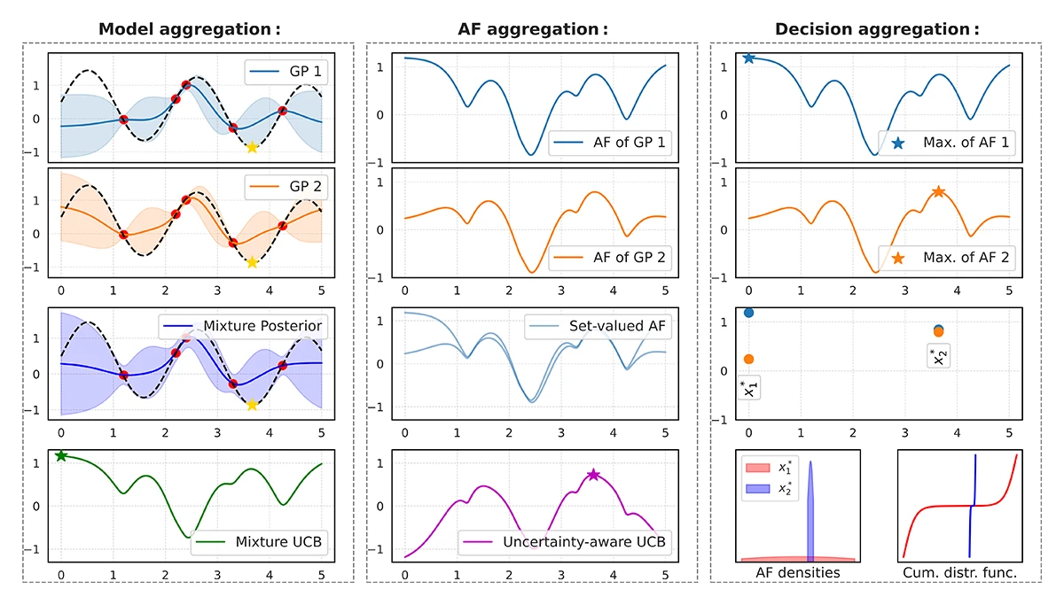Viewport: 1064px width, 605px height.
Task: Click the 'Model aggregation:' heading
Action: tap(189, 29)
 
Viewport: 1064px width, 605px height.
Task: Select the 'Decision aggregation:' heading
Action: tap(877, 29)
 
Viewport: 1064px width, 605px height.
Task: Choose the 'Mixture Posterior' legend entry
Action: tap(259, 327)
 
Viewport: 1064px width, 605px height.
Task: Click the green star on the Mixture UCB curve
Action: tap(61, 455)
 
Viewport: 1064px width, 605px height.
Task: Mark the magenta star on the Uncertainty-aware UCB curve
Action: tap(593, 475)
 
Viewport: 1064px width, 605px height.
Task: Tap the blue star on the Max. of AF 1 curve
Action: tap(749, 58)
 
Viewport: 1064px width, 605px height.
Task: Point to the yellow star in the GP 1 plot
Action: tap(252, 147)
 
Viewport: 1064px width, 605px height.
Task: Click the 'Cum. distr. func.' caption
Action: tap(957, 573)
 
